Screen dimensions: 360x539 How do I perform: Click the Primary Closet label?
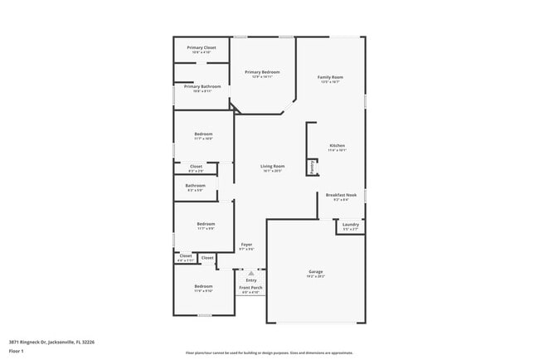[x=202, y=47]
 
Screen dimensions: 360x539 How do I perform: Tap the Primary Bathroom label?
[x=202, y=86]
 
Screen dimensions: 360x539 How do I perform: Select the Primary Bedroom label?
[x=262, y=72]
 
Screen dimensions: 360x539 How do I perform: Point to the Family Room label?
[x=330, y=77]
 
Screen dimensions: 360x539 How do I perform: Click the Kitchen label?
[x=337, y=145]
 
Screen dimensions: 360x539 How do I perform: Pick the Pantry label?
[x=312, y=168]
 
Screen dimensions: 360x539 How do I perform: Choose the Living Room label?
[x=273, y=167]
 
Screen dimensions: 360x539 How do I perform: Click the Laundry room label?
[x=351, y=224]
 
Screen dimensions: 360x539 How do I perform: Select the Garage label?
[x=316, y=272]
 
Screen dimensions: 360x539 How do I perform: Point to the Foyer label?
[x=247, y=245]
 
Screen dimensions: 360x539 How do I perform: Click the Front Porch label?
[x=250, y=288]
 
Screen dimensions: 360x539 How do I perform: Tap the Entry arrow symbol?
[x=251, y=271]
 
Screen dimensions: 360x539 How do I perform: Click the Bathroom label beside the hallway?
[x=196, y=185]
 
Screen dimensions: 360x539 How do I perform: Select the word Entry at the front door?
[x=251, y=280]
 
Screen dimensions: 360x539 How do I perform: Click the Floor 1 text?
[x=17, y=352]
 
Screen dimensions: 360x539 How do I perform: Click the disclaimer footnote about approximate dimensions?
[x=269, y=353]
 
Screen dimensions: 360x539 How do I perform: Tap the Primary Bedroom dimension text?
[x=262, y=77]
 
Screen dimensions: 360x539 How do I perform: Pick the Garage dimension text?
[x=316, y=277]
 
